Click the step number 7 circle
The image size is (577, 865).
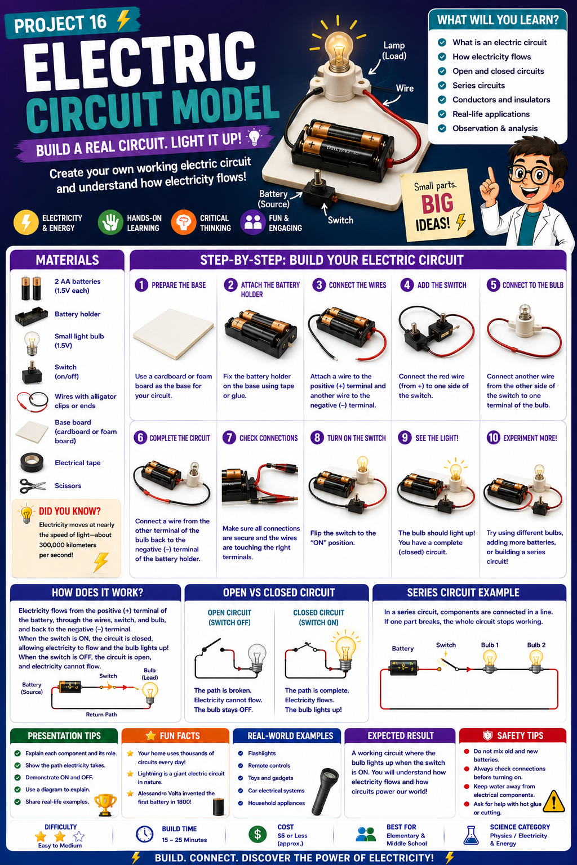tap(229, 438)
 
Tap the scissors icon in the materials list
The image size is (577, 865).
tap(33, 486)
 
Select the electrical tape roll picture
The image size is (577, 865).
tap(32, 462)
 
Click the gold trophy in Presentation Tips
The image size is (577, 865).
tap(105, 804)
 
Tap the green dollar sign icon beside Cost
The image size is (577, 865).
tap(258, 835)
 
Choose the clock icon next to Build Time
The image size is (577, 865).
tap(145, 834)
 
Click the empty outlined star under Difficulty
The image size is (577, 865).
tap(79, 836)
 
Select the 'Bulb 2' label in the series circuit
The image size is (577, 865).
tap(536, 645)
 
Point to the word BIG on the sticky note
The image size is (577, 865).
tap(437, 203)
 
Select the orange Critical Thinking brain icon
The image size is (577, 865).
tap(184, 222)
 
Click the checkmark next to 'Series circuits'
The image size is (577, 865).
tap(442, 86)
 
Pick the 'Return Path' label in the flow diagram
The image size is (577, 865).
tap(101, 715)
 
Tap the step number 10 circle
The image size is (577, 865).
tap(493, 438)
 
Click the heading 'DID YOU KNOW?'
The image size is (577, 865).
tap(69, 511)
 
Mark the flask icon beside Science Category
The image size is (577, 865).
tap(471, 835)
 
